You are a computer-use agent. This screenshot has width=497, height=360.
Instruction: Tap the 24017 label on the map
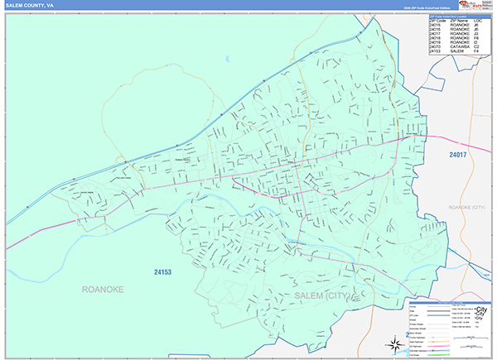[449, 155]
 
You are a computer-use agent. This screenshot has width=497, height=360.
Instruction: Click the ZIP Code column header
[438, 19]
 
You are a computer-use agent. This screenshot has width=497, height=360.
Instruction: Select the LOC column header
[480, 19]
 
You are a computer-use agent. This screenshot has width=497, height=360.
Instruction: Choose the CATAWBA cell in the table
[460, 45]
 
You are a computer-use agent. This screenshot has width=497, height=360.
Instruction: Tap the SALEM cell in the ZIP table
[456, 50]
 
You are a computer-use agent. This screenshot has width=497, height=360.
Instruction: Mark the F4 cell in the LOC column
[478, 50]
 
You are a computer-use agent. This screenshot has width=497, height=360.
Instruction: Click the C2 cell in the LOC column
[478, 45]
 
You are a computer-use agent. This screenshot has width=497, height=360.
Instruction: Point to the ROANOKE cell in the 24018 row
[460, 35]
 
